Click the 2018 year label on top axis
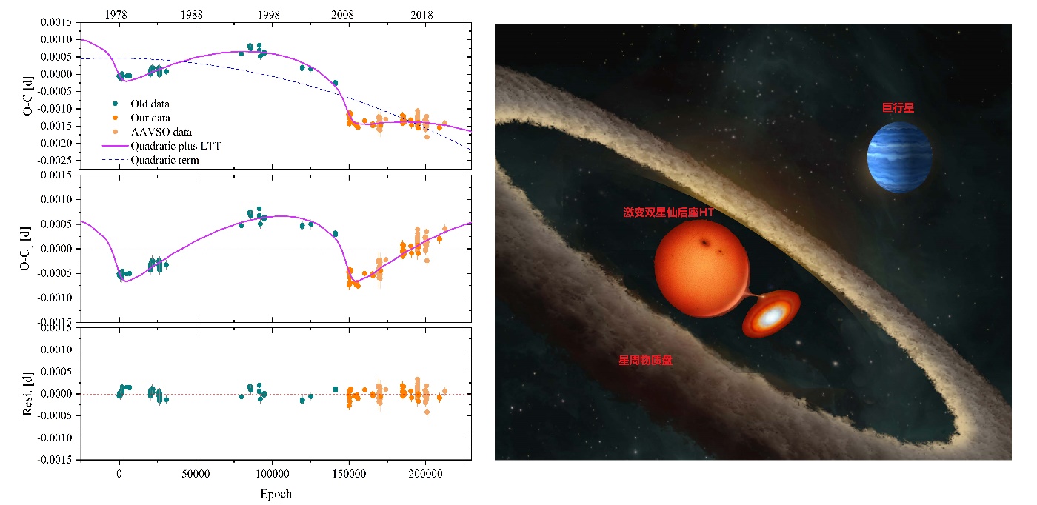[x=422, y=14]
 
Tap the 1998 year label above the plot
[x=269, y=14]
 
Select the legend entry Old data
[x=150, y=104]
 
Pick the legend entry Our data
[x=150, y=118]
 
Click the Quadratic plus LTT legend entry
[x=176, y=146]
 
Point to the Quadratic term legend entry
[x=164, y=160]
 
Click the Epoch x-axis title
[x=276, y=494]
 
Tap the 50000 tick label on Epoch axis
[x=195, y=473]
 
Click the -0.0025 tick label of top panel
[x=54, y=161]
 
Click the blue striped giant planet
[x=899, y=157]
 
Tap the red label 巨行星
[x=897, y=107]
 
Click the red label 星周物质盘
[x=645, y=361]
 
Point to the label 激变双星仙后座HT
[x=669, y=213]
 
